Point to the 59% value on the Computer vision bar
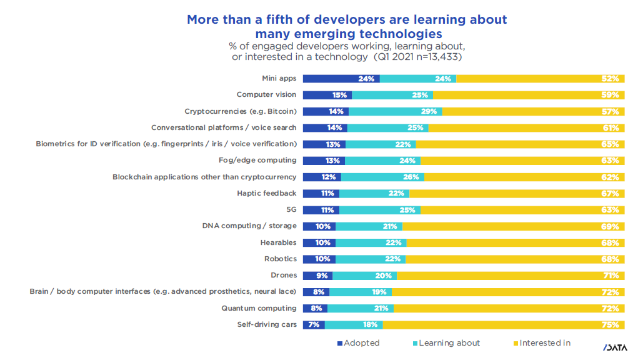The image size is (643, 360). (611, 95)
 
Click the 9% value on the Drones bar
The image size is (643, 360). (322, 276)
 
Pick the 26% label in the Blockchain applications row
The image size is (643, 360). (411, 177)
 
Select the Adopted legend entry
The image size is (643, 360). (359, 343)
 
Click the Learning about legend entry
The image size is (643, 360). (446, 343)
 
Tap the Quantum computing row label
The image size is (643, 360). (259, 308)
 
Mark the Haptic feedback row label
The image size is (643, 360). (267, 193)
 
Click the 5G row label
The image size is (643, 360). (291, 210)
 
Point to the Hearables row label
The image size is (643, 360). (278, 242)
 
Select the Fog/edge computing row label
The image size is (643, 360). (257, 161)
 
